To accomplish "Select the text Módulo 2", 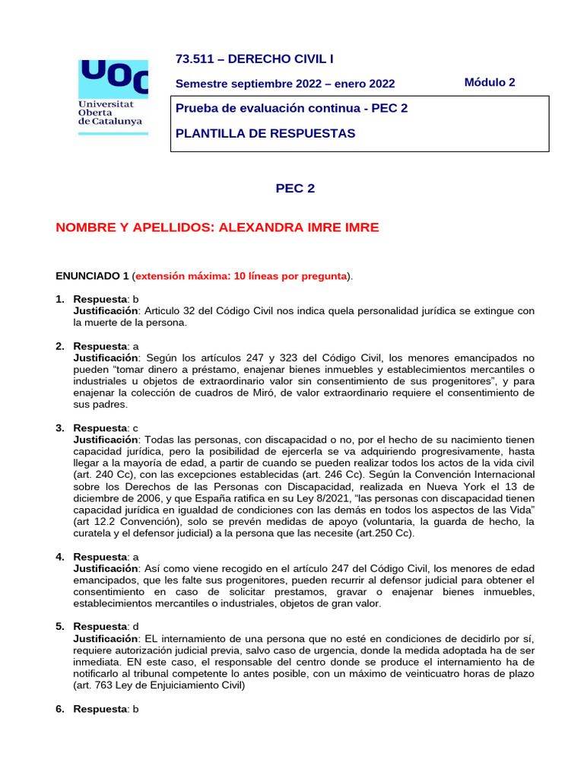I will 489,82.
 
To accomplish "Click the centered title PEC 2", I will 294,189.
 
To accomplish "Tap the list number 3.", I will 59,428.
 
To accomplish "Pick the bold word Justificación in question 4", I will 106,568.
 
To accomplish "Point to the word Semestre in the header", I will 200,84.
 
